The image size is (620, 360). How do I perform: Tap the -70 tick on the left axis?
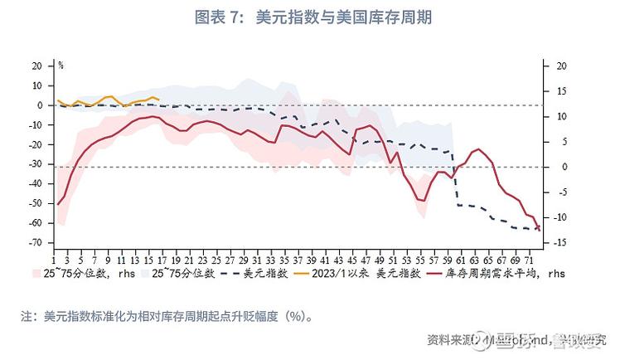(x=37, y=243)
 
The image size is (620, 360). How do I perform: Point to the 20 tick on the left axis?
(x=37, y=66)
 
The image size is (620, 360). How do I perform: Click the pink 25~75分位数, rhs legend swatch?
(x=36, y=272)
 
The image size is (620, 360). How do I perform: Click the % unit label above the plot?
(x=61, y=64)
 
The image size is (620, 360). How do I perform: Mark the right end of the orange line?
(x=158, y=99)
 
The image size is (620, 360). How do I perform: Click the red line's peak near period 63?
(x=477, y=149)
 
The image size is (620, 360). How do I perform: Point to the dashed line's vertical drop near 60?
(x=455, y=178)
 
